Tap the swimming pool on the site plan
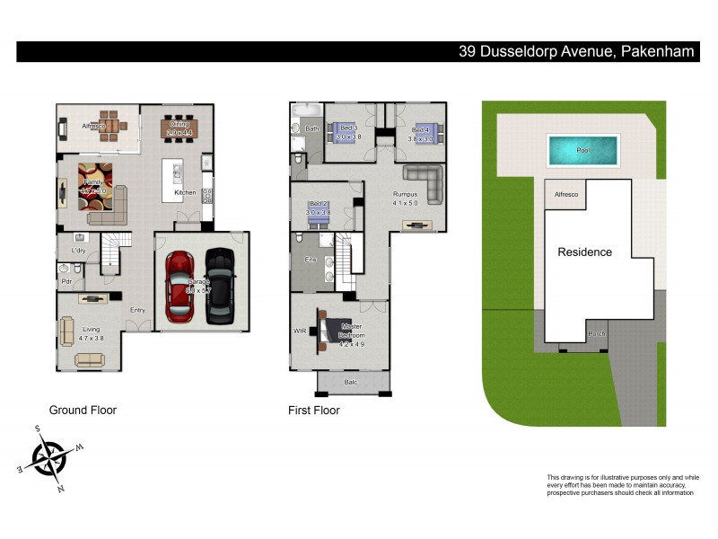coord(582,148)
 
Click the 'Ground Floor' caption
coord(83,411)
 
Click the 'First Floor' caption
coord(314,411)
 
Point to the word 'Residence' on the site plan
coord(584,252)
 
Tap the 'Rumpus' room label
coord(406,193)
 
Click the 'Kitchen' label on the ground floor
coord(185,193)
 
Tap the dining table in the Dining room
coord(181,128)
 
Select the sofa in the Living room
coord(90,360)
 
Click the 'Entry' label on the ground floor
coord(137,311)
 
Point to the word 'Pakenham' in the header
coord(657,52)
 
